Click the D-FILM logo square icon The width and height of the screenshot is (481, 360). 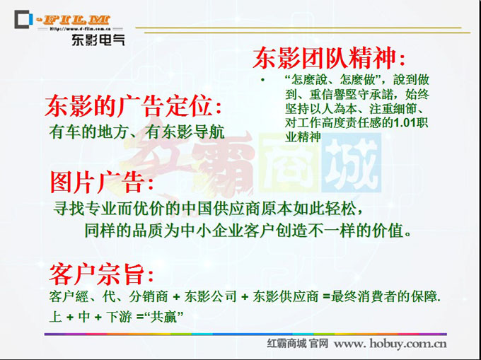pyautogui.click(x=23, y=19)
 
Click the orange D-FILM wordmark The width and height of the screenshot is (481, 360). pyautogui.click(x=73, y=20)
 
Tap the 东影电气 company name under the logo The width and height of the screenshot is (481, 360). pyautogui.click(x=98, y=40)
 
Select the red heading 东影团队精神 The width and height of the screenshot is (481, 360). pyautogui.click(x=329, y=58)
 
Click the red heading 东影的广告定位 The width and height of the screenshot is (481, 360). pyautogui.click(x=134, y=106)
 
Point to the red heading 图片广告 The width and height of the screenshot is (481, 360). pyautogui.click(x=102, y=182)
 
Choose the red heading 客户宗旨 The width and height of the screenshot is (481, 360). pyautogui.click(x=101, y=274)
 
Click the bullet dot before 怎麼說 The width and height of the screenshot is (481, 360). pyautogui.click(x=262, y=81)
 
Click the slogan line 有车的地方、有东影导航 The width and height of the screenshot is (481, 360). pyautogui.click(x=137, y=132)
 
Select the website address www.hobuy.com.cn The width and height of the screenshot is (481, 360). pyautogui.click(x=390, y=344)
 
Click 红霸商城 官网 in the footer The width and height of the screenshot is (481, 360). pyautogui.click(x=298, y=344)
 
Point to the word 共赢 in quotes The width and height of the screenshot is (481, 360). pyautogui.click(x=163, y=317)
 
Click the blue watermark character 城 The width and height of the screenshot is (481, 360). pyautogui.click(x=352, y=163)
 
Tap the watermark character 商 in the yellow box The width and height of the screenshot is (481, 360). pyautogui.click(x=290, y=163)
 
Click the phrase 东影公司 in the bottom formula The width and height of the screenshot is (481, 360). pyautogui.click(x=211, y=296)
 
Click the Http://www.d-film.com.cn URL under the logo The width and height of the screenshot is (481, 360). pyautogui.click(x=80, y=29)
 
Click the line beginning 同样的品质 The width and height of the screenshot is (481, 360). pyautogui.click(x=248, y=231)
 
